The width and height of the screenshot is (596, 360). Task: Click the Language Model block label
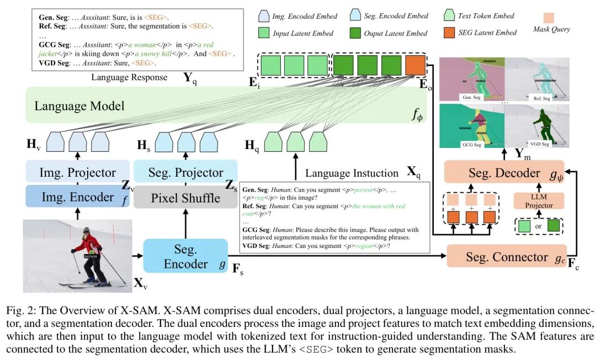pyautogui.click(x=79, y=105)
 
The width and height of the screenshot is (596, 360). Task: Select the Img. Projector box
pyautogui.click(x=77, y=172)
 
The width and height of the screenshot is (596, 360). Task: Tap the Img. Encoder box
pyautogui.click(x=77, y=197)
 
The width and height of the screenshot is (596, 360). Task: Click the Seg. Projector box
pyautogui.click(x=185, y=172)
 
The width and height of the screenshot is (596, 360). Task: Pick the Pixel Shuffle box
pyautogui.click(x=185, y=197)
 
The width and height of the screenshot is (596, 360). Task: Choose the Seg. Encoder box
pyautogui.click(x=185, y=257)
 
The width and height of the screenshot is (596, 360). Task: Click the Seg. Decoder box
pyautogui.click(x=504, y=173)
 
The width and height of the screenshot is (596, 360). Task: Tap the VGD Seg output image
pyautogui.click(x=538, y=125)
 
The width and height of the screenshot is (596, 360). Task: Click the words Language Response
pyautogui.click(x=129, y=77)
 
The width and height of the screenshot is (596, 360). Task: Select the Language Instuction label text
pyautogui.click(x=352, y=173)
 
